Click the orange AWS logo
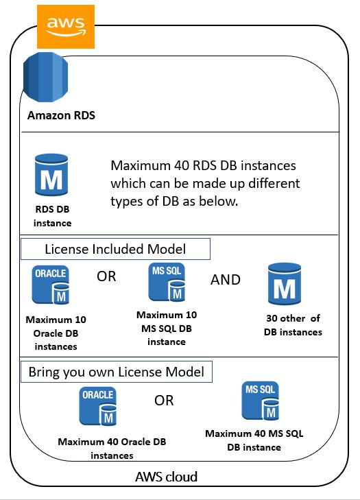click(66, 26)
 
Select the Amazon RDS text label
click(61, 115)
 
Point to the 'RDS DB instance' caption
click(52, 217)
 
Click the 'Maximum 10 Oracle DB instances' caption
click(56, 333)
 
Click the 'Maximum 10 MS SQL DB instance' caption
click(167, 328)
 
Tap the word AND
click(226, 280)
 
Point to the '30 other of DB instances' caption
click(292, 325)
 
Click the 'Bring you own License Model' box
click(116, 372)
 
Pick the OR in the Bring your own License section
click(164, 401)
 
